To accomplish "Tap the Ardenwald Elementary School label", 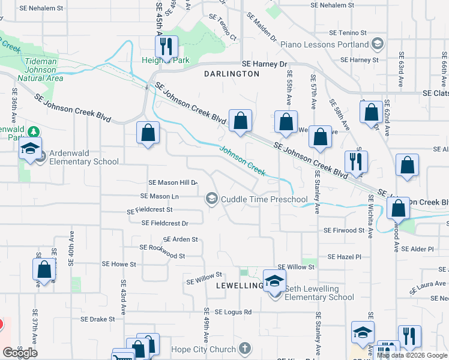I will (83, 157).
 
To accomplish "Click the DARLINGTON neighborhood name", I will (232, 74).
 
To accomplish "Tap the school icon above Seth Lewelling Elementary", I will (274, 280).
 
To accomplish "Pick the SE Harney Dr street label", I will (265, 64).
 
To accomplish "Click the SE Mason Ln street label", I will (159, 196).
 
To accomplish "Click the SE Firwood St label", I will (344, 230).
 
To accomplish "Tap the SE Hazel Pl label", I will (345, 257).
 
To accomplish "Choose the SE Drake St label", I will (97, 319).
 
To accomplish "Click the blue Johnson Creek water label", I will (242, 160).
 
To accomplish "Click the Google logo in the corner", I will (19, 353).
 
